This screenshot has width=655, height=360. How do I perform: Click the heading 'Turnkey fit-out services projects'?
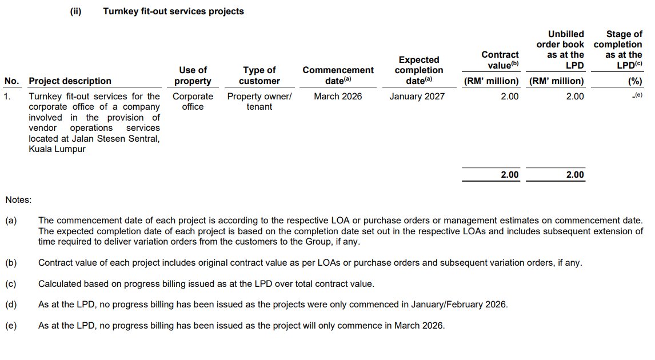[173, 11]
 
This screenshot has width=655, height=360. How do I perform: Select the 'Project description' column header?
[70, 81]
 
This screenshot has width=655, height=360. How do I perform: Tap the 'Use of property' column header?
[193, 75]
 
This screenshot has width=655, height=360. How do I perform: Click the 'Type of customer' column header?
[259, 75]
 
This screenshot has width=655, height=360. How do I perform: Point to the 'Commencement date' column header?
[338, 75]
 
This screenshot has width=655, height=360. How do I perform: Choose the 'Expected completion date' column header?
[418, 70]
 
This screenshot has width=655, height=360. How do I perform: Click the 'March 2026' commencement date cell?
[338, 97]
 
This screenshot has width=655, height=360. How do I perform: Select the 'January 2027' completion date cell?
[417, 97]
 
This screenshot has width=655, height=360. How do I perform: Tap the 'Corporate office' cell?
[193, 101]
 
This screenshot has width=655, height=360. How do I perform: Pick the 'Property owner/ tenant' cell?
[259, 101]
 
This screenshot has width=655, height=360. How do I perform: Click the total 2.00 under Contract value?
[509, 175]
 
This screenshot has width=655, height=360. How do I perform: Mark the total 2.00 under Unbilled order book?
[575, 175]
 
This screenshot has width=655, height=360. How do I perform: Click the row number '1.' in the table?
[7, 97]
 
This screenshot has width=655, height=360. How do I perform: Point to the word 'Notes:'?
[18, 200]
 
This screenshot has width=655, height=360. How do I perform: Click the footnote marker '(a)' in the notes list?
[11, 220]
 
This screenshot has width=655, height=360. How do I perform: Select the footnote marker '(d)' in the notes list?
[11, 305]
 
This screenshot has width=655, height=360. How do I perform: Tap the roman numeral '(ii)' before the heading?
[75, 11]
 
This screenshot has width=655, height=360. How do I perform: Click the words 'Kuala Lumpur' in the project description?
[57, 149]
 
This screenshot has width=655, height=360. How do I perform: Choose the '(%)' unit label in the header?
[635, 81]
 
